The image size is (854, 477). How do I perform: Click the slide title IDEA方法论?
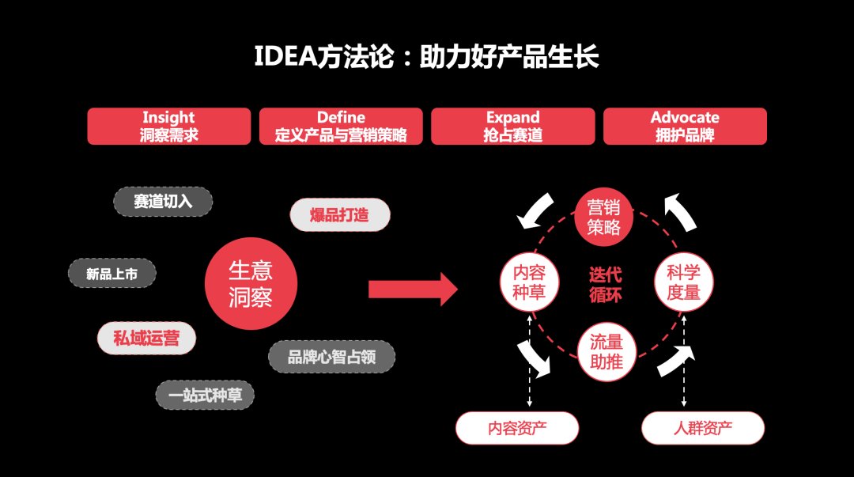pyautogui.click(x=426, y=58)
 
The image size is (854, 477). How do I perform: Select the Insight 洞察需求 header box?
pyautogui.click(x=168, y=127)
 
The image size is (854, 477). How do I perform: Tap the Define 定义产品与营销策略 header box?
pyautogui.click(x=341, y=127)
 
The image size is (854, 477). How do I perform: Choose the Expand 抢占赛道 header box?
pyautogui.click(x=512, y=127)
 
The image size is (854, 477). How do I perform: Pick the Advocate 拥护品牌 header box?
pyautogui.click(x=685, y=127)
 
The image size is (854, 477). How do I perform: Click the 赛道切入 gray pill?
pyautogui.click(x=163, y=202)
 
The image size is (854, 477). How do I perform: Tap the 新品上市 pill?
pyautogui.click(x=111, y=274)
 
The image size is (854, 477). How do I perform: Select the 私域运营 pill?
pyautogui.click(x=146, y=339)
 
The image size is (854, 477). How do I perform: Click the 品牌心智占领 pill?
pyautogui.click(x=331, y=357)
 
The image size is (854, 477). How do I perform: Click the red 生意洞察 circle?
pyautogui.click(x=251, y=284)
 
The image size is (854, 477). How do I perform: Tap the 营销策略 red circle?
pyautogui.click(x=604, y=218)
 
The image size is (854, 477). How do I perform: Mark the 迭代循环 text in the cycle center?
pyautogui.click(x=606, y=285)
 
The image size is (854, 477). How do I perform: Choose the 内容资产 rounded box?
pyautogui.click(x=517, y=429)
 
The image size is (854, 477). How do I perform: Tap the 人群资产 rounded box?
pyautogui.click(x=703, y=429)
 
